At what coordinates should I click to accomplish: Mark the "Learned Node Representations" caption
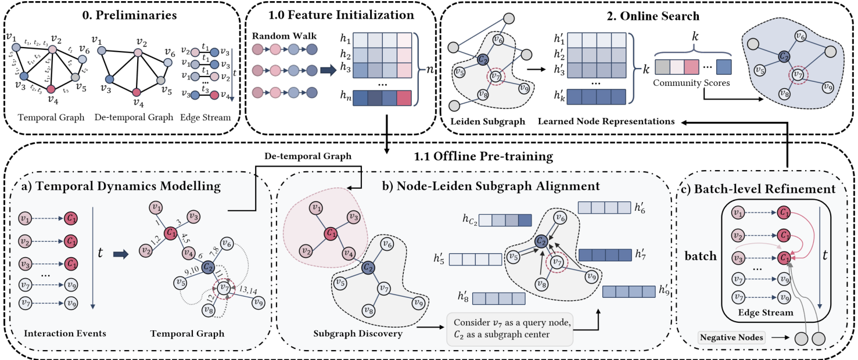click(x=606, y=121)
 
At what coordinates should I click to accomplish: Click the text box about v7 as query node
click(x=509, y=329)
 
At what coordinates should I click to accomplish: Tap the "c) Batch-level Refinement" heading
click(x=764, y=188)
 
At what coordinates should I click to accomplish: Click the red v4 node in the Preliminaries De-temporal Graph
click(x=137, y=92)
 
